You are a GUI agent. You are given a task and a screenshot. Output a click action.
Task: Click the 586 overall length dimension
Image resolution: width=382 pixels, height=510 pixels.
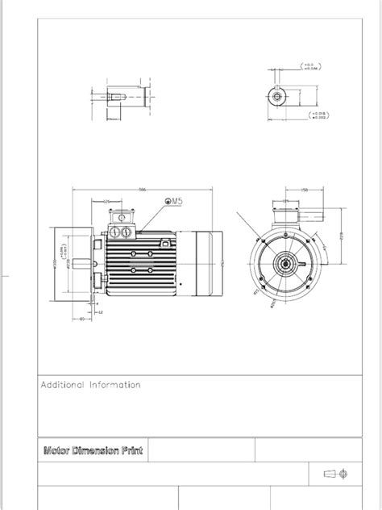point(143,190)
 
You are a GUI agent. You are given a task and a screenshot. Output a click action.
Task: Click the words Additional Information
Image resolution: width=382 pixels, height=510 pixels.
point(91,385)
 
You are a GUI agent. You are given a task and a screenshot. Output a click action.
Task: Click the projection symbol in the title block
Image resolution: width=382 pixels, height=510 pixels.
point(338,473)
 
